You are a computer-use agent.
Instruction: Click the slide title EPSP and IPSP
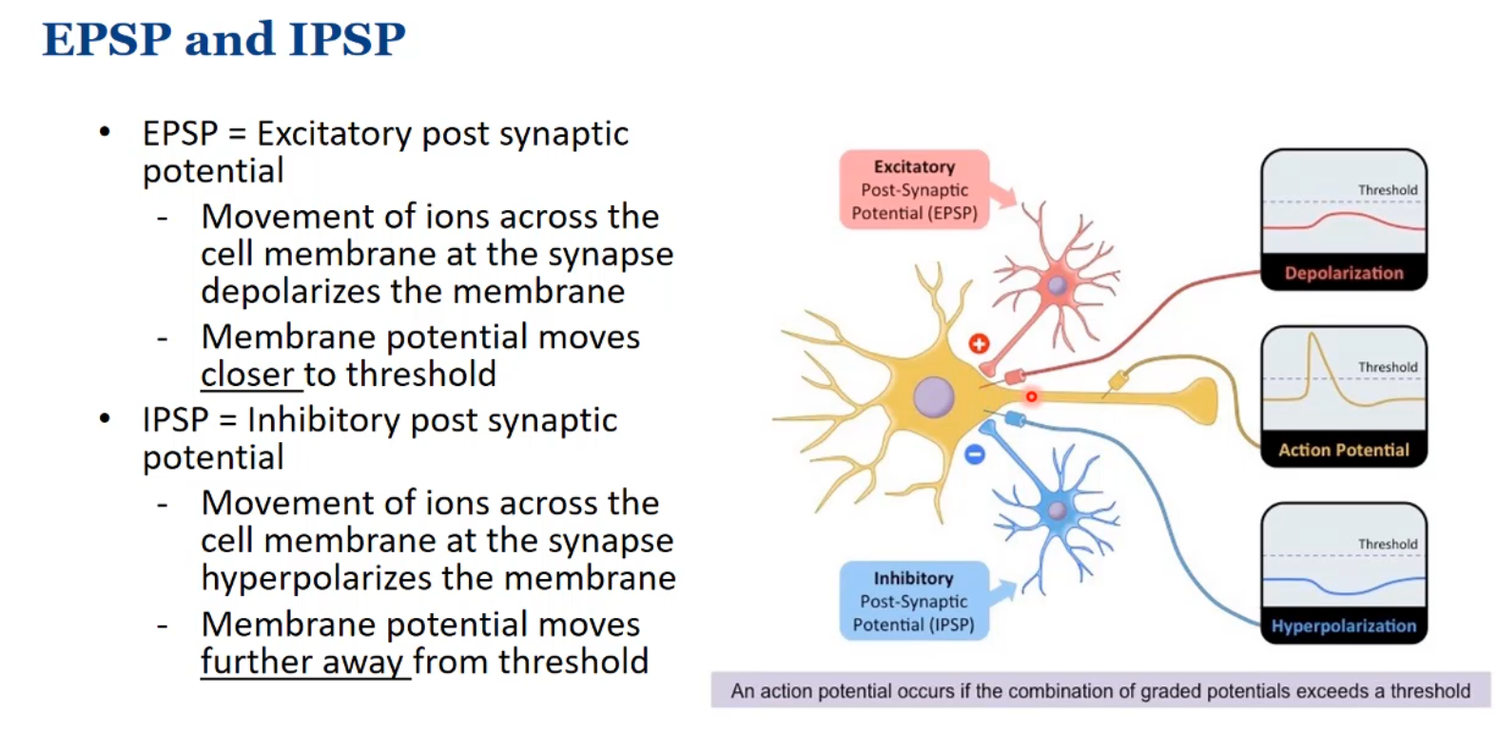coord(224,40)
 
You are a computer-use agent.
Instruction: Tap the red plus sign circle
coord(979,343)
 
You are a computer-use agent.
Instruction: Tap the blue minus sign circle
coord(975,455)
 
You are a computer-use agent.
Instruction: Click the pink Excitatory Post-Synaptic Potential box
coord(914,190)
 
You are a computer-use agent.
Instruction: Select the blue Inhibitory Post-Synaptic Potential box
coord(913,601)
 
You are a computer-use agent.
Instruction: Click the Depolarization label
coord(1343,273)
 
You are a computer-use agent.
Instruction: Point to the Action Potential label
coord(1343,450)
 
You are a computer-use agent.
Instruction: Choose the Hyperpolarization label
coord(1343,626)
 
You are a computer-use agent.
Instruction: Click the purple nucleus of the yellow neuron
coord(933,397)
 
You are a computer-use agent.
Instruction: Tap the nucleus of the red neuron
coord(1057,285)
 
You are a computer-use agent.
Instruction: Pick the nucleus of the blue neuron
coord(1057,510)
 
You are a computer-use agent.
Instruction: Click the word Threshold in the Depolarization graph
coord(1387,190)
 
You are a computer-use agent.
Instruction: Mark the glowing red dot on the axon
coord(1031,396)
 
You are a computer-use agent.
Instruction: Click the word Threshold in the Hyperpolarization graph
coord(1387,544)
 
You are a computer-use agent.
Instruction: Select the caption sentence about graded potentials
coord(1099,691)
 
